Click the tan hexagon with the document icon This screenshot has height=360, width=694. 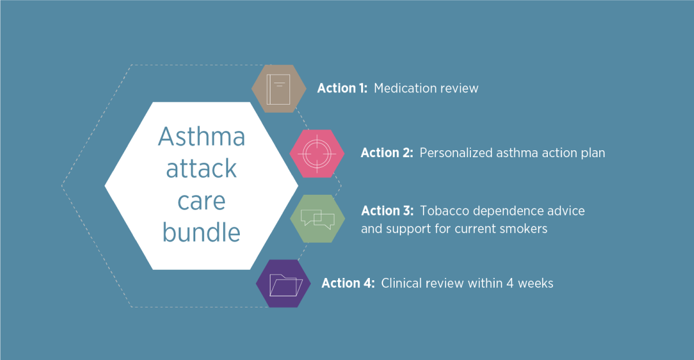279,88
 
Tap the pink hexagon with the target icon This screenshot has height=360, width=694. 317,154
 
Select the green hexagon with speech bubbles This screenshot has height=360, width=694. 318,219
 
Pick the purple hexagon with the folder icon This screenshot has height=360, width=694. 283,284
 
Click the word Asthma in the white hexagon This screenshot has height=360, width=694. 202,136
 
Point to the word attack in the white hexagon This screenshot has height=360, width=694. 202,168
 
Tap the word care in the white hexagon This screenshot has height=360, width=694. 202,201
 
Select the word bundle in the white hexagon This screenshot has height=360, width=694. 202,232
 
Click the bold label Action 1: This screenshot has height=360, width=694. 342,88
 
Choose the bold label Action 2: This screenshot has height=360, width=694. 387,153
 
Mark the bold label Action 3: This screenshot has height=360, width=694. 387,211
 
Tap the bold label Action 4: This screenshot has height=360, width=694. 348,283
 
